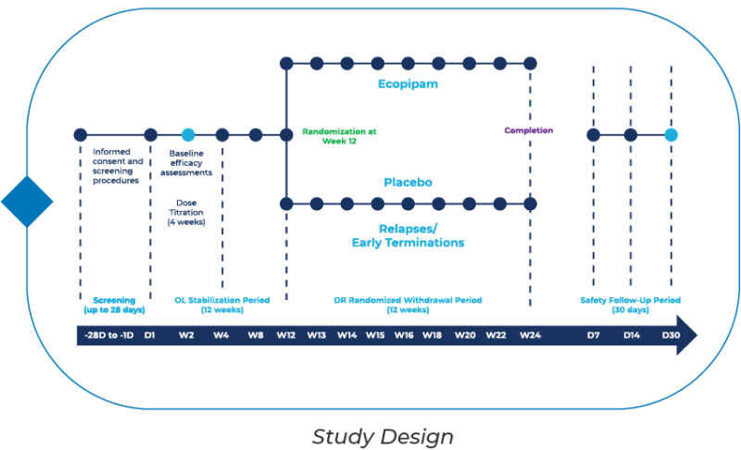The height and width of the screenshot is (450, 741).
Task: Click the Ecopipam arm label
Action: click(408, 84)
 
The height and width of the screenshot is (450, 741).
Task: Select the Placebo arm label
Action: click(408, 182)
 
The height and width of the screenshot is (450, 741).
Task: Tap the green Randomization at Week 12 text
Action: click(339, 135)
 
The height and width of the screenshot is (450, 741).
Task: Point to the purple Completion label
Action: click(529, 131)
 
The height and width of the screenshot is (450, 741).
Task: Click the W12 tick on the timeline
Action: click(285, 335)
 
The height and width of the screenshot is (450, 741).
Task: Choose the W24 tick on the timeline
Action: click(530, 335)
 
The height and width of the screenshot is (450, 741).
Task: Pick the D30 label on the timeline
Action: click(671, 335)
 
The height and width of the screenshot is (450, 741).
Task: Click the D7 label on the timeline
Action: click(594, 335)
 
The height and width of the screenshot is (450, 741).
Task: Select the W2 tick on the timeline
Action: click(188, 335)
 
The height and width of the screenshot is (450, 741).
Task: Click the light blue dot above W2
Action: click(188, 134)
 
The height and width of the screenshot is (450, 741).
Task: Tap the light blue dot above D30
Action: click(671, 134)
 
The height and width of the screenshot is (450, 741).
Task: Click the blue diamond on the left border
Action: click(27, 201)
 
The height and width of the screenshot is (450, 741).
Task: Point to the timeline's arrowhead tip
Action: click(696, 335)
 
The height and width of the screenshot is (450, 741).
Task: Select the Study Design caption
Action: click(383, 435)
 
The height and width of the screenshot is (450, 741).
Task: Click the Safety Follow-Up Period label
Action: click(630, 305)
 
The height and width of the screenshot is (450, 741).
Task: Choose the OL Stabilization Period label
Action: click(221, 305)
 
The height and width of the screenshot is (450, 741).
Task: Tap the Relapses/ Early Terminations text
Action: click(408, 234)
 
